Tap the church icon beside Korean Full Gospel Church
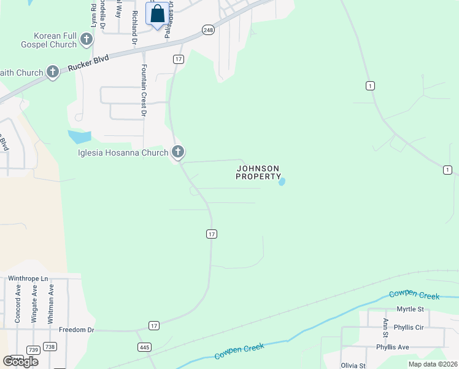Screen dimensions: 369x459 point(87,41)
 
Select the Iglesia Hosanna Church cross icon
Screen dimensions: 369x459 point(178,151)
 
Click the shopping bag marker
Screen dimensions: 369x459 point(157,14)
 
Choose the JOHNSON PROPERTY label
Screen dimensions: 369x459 point(258,172)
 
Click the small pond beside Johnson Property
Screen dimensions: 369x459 point(282,181)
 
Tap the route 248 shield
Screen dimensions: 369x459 point(209,30)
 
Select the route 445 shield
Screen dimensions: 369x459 point(144,347)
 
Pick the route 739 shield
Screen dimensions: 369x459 point(33,349)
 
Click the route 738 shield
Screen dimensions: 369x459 point(50,347)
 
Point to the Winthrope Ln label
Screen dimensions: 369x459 point(28,279)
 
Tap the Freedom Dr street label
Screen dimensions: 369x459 point(76,330)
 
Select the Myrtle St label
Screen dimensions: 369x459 point(410,309)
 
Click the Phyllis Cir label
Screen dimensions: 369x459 point(409,327)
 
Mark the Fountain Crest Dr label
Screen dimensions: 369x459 point(144,90)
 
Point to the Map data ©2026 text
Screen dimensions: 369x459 point(433,364)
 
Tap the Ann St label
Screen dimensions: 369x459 point(385,328)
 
